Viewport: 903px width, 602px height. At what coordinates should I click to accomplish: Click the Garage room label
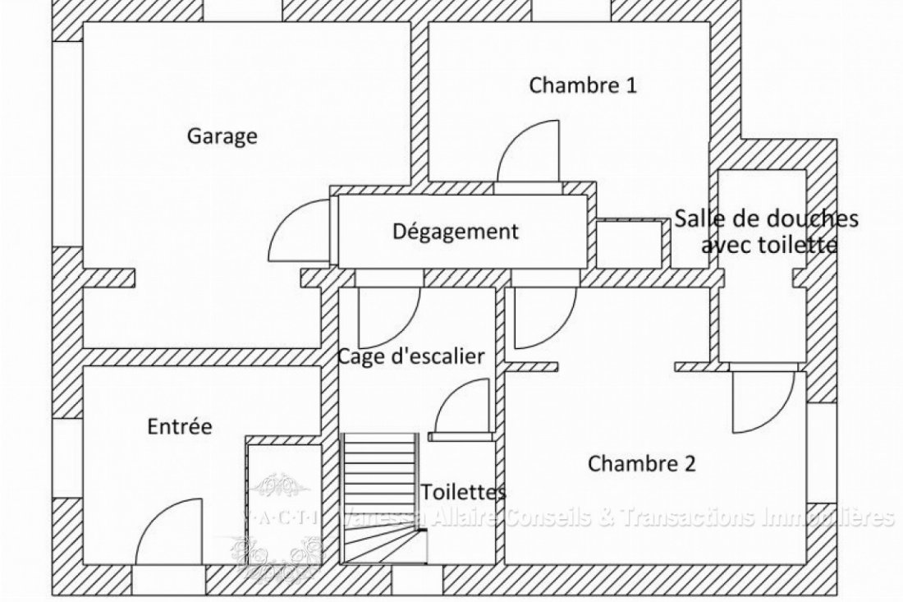pyautogui.click(x=222, y=136)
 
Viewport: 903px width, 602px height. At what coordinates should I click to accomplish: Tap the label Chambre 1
pyautogui.click(x=583, y=85)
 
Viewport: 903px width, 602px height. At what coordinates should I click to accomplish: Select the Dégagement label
pyautogui.click(x=456, y=232)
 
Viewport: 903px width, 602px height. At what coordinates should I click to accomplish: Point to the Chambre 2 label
pyautogui.click(x=642, y=464)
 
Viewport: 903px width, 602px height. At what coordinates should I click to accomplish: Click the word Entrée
pyautogui.click(x=180, y=427)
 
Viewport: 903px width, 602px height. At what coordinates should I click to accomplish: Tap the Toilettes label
pyautogui.click(x=463, y=492)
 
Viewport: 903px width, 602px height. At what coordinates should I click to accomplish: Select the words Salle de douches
pyautogui.click(x=767, y=218)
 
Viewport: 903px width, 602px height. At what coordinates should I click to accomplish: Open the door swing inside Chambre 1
pyautogui.click(x=527, y=153)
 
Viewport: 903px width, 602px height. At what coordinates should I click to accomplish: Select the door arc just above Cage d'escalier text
pyautogui.click(x=389, y=317)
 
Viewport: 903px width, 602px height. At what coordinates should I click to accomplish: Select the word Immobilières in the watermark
pyautogui.click(x=833, y=517)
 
